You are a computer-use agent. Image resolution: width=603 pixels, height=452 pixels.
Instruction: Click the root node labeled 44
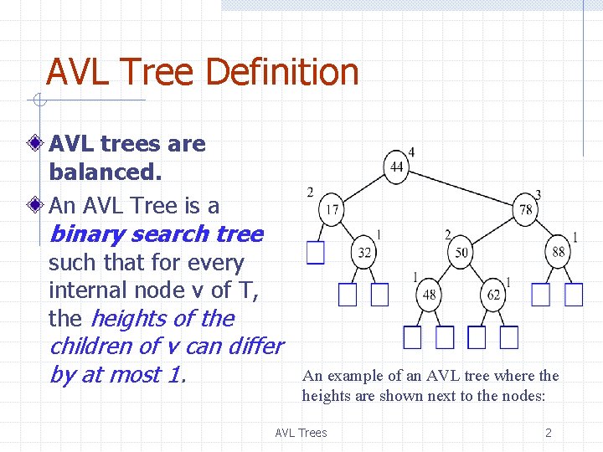point(397,167)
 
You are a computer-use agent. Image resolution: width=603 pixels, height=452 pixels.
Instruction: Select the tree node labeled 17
point(332,209)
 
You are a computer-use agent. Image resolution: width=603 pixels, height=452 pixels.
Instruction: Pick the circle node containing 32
point(365,252)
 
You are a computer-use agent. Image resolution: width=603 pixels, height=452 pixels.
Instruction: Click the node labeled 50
point(461,252)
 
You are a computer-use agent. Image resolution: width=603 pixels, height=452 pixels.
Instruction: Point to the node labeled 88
point(559,252)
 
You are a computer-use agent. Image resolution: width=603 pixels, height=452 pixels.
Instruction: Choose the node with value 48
point(429,295)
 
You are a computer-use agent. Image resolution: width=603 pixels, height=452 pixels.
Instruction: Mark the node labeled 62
point(493,295)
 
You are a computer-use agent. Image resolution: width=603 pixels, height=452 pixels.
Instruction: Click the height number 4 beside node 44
point(411,152)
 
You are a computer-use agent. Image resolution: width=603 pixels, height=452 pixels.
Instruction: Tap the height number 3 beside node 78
point(538,194)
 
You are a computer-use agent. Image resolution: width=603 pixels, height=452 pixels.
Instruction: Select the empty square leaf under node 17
point(316,253)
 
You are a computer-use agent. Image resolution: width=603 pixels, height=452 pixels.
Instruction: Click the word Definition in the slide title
point(281,73)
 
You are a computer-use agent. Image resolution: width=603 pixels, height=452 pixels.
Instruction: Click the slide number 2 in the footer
point(549,433)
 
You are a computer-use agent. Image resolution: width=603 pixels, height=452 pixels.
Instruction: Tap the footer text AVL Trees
point(301,433)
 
